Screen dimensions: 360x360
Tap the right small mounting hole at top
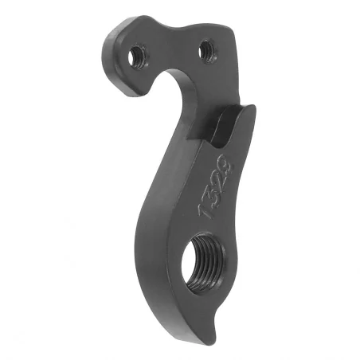(x=209, y=49)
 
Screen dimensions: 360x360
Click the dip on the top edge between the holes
(x=179, y=28)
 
